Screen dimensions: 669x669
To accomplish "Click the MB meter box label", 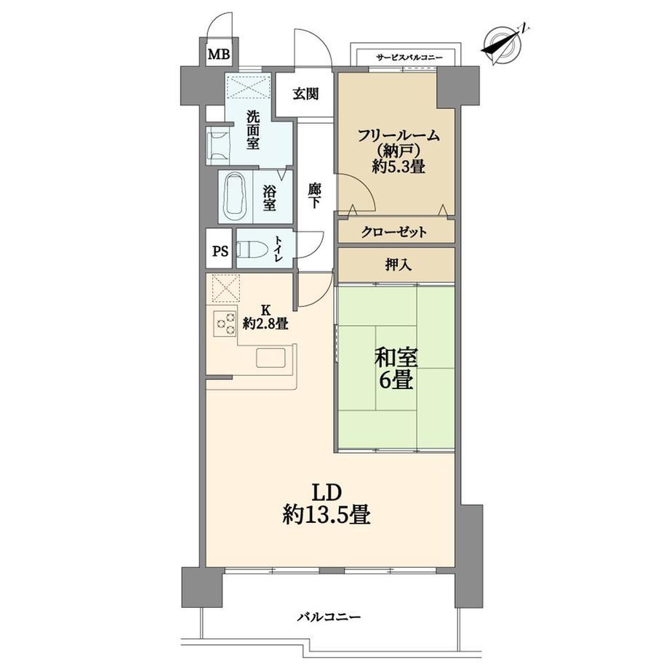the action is (218, 55).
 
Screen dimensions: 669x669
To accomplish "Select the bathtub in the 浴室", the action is (236, 196).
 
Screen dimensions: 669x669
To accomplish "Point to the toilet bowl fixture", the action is (252, 250).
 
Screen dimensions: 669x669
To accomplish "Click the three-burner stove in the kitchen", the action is (225, 323).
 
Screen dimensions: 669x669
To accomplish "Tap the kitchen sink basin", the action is (271, 358).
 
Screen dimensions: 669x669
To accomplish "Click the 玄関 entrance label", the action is (306, 93).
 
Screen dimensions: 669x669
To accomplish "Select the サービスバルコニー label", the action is (409, 57).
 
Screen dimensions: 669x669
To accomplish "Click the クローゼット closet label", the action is (394, 233).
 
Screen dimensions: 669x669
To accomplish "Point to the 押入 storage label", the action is (398, 265).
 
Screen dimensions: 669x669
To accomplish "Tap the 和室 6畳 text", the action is (396, 369).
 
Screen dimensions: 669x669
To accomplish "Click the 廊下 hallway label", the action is (314, 196).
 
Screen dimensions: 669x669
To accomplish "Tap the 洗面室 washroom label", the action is (252, 130).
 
